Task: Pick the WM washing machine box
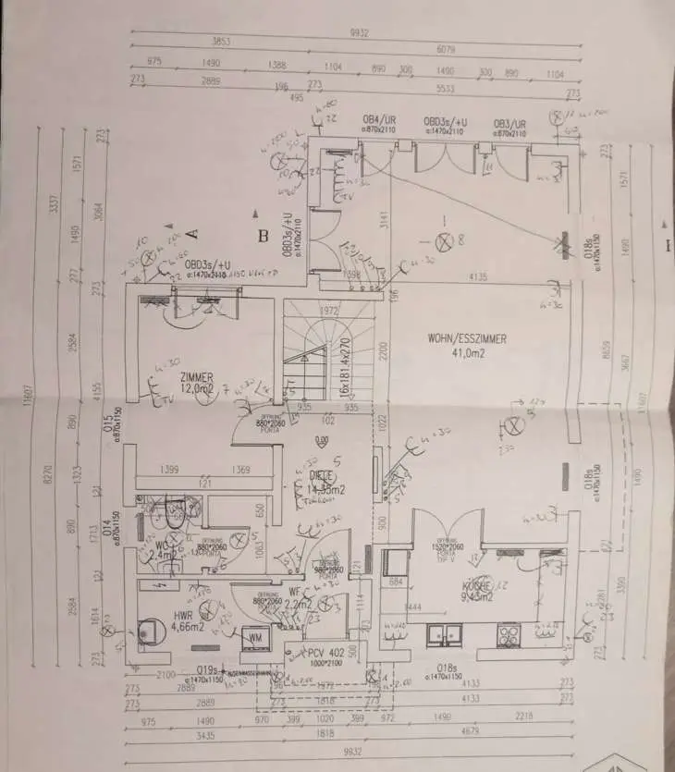pos(253,637)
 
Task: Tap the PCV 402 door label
pos(327,653)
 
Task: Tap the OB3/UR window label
pos(509,123)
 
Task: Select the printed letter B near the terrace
pos(264,237)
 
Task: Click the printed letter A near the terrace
pos(193,233)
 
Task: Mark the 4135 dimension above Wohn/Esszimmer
pos(478,276)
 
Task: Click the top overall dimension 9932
pos(359,33)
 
